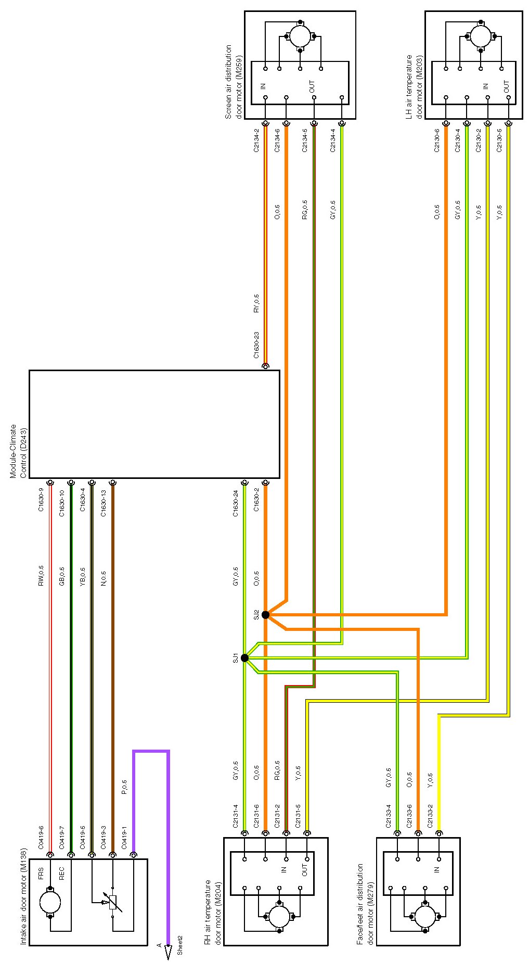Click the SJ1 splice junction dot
point(245,658)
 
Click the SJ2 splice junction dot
point(265,615)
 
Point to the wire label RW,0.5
point(41,576)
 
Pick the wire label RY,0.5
point(256,303)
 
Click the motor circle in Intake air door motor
point(50,902)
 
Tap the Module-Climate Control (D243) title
point(18,451)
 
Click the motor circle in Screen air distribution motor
point(300,36)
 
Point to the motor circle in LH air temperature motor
point(481,36)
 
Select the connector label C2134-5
point(305,141)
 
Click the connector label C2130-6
point(437,141)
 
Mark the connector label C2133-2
point(430,816)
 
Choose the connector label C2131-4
point(236,816)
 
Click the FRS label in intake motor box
point(41,874)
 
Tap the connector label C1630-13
point(104,503)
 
